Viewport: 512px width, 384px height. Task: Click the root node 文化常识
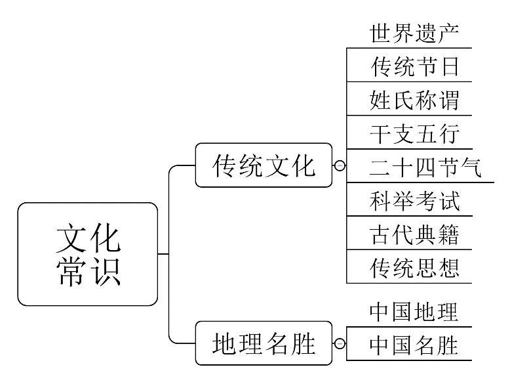pyautogui.click(x=88, y=254)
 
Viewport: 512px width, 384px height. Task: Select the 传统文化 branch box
pyautogui.click(x=264, y=165)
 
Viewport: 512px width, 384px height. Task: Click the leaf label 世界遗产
pyautogui.click(x=414, y=32)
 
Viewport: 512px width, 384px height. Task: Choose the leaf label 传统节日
pyautogui.click(x=414, y=66)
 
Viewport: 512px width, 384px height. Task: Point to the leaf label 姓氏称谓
pyautogui.click(x=414, y=100)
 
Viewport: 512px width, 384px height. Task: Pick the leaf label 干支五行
pyautogui.click(x=414, y=133)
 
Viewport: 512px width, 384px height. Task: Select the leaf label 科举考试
pyautogui.click(x=414, y=200)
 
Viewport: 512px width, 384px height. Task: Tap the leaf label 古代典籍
pyautogui.click(x=414, y=234)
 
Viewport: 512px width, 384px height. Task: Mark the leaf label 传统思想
pyautogui.click(x=414, y=267)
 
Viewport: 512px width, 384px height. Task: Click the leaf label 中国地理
pyautogui.click(x=414, y=311)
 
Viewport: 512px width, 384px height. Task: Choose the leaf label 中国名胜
pyautogui.click(x=414, y=345)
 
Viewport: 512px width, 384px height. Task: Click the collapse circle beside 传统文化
pyautogui.click(x=340, y=165)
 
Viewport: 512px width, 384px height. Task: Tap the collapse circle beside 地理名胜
pyautogui.click(x=340, y=343)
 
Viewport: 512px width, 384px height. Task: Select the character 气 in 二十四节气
pyautogui.click(x=469, y=167)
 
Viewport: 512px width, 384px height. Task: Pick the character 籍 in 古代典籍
pyautogui.click(x=446, y=234)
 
